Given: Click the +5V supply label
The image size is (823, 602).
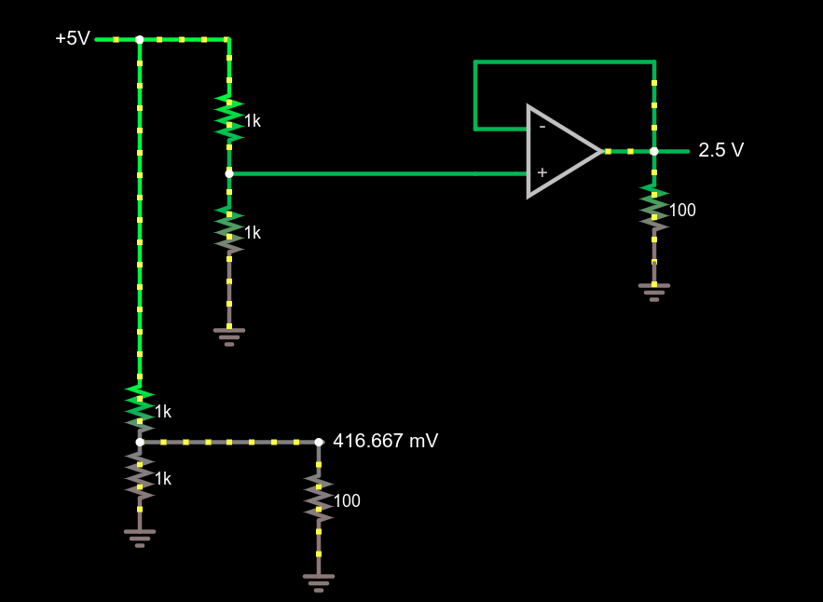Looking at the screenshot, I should [72, 39].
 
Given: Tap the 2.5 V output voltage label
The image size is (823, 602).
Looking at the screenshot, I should [720, 151].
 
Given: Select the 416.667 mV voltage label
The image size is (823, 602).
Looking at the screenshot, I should [385, 441].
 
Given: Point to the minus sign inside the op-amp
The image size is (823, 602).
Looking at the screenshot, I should [542, 127].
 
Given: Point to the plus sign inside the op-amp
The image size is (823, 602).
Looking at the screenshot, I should [542, 172].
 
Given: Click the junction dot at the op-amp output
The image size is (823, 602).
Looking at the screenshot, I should [654, 151].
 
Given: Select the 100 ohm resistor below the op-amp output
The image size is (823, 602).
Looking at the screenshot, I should [654, 207].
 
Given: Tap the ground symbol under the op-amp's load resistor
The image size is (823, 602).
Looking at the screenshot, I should [654, 292].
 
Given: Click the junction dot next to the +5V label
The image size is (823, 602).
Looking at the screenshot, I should [140, 40].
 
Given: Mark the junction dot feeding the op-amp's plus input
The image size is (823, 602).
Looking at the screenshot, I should [229, 173].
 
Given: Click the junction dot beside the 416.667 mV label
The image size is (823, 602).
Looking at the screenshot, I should [318, 442].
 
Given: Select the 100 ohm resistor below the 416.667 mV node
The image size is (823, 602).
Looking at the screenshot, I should [319, 498].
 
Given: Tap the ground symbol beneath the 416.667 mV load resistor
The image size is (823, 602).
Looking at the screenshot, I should [319, 582].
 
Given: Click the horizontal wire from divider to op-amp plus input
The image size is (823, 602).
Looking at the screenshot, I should [373, 173].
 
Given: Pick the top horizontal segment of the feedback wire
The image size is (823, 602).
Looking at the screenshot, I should [564, 62].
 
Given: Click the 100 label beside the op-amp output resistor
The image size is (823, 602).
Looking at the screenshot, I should [682, 211].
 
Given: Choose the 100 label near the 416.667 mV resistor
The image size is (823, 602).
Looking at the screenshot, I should [347, 501].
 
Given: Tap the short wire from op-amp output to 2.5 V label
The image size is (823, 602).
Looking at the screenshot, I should [672, 151].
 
